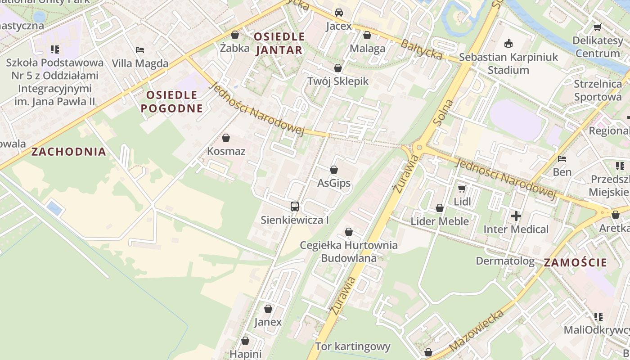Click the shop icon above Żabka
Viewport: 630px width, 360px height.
point(235,35)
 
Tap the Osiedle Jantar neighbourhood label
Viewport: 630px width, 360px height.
point(279,43)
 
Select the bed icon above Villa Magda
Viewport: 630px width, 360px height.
point(140,50)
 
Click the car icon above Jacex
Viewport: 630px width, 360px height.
point(338,13)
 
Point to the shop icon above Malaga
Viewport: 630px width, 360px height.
point(367,35)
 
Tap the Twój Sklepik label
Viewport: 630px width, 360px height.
point(337,81)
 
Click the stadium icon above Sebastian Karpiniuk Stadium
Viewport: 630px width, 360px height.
point(508,44)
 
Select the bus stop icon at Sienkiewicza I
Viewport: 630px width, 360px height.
point(295,207)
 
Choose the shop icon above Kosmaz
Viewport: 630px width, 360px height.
point(226,138)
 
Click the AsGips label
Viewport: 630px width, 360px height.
point(334,183)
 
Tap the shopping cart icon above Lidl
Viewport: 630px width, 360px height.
point(462,189)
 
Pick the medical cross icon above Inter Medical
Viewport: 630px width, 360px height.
point(516,216)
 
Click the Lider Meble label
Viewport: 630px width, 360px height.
point(440,221)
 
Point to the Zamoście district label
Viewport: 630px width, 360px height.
point(575,263)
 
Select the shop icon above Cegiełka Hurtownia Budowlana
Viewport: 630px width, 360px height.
point(348,232)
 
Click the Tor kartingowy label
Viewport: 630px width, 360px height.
point(352,346)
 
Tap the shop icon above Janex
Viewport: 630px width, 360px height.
point(268,309)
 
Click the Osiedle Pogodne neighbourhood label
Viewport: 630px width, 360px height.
point(171,101)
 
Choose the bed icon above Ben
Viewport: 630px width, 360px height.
point(562,159)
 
